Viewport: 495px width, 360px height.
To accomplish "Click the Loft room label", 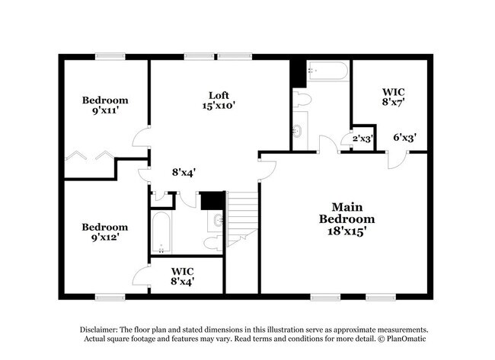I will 219,95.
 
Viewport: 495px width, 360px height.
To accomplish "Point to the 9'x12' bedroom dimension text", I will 105,238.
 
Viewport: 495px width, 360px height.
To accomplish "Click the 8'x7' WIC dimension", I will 393,100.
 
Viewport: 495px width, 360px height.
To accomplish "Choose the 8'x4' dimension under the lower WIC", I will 182,282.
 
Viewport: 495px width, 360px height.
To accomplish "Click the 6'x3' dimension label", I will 404,138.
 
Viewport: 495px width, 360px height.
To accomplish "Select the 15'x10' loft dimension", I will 219,107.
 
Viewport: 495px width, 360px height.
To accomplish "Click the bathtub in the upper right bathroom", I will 327,72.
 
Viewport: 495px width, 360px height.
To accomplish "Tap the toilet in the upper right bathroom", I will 302,100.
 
